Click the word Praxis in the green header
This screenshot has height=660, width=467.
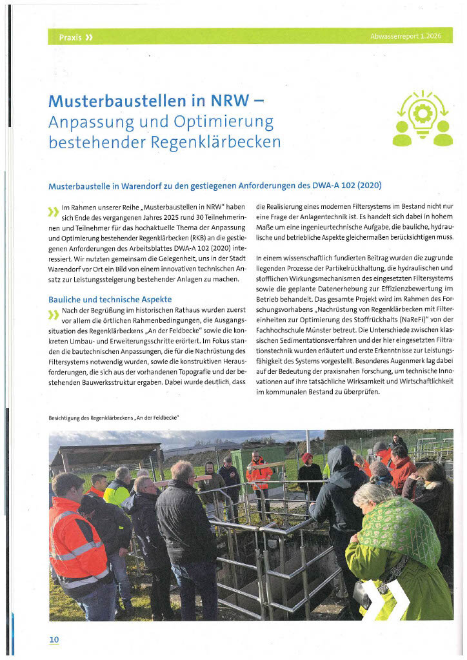70,37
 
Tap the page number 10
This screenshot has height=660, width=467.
54,639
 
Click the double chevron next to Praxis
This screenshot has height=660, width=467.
89,37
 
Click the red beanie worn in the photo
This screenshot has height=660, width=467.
307,458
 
